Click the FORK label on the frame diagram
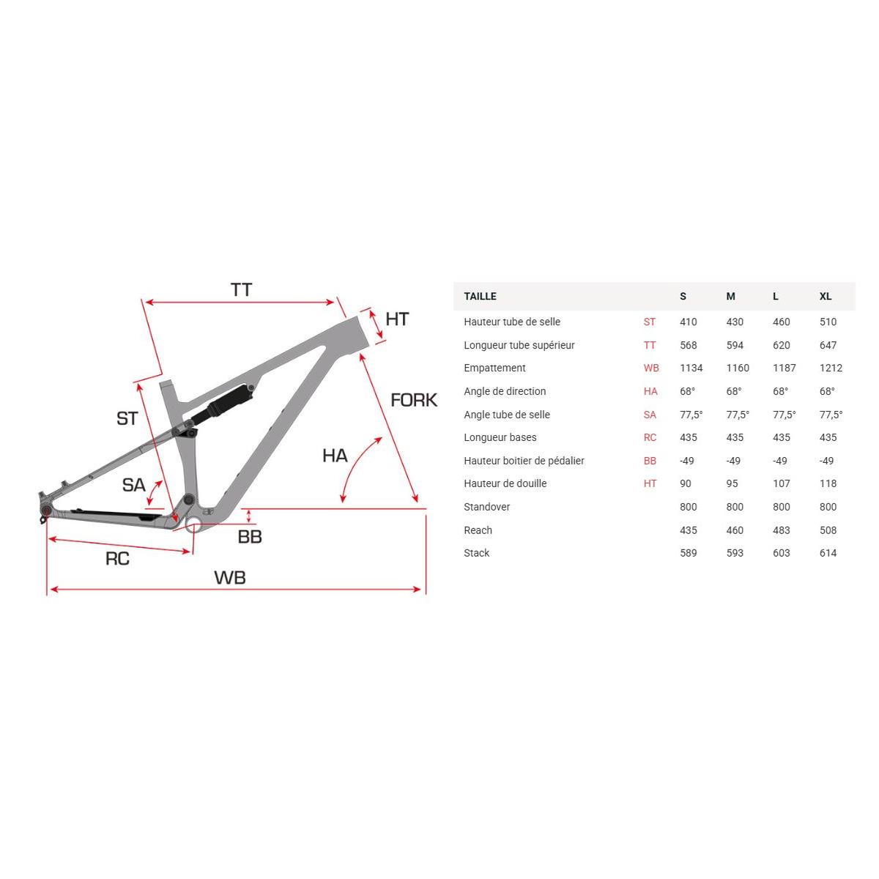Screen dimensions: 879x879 (x=413, y=400)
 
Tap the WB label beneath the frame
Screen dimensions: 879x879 (x=230, y=577)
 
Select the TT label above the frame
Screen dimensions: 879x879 (x=241, y=289)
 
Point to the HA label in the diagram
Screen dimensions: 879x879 (x=335, y=455)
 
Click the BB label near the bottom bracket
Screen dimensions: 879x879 (x=250, y=536)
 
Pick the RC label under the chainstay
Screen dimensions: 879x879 (x=117, y=558)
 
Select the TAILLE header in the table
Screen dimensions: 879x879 (x=480, y=296)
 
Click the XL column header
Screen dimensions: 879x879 (x=826, y=296)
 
